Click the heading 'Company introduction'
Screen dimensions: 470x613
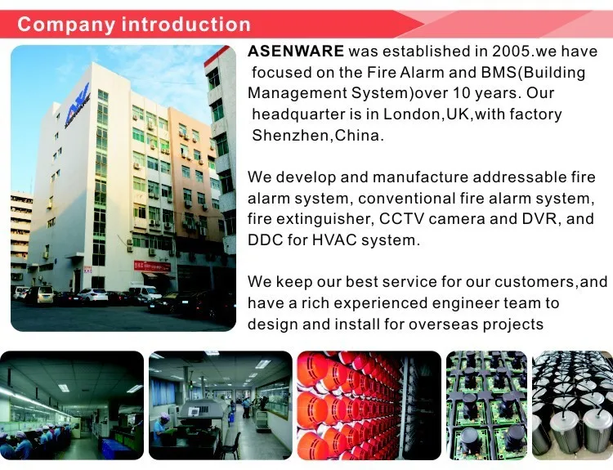click(x=134, y=24)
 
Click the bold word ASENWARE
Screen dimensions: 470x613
click(x=295, y=51)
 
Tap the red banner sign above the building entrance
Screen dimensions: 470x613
click(x=153, y=266)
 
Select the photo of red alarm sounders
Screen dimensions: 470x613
click(x=368, y=405)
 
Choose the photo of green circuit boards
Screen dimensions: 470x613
click(x=486, y=405)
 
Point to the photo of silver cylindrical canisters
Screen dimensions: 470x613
click(x=572, y=405)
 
